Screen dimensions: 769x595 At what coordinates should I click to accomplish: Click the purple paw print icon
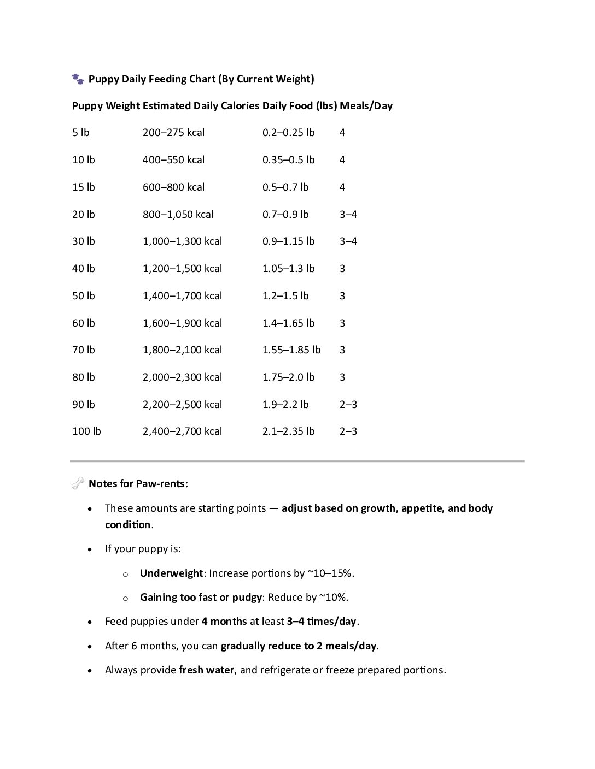tap(78, 79)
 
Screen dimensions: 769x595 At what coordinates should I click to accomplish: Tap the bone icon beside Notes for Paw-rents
tap(78, 483)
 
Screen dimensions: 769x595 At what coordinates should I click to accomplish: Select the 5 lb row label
tap(80, 133)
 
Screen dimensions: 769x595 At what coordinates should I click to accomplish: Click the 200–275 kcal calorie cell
tap(173, 133)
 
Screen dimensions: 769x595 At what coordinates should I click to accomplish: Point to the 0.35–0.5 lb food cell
tap(288, 160)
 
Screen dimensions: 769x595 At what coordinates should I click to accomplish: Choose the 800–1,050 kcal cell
tap(178, 215)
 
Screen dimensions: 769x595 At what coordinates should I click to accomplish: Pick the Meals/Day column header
tap(366, 106)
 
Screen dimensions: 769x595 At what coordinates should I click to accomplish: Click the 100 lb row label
tap(86, 431)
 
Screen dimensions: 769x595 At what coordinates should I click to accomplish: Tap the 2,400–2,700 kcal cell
tap(182, 431)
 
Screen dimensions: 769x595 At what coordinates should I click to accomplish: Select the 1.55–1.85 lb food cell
tap(291, 350)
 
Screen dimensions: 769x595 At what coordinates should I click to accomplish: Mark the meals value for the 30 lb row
tap(348, 241)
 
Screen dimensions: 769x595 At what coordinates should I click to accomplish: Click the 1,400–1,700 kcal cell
tap(182, 296)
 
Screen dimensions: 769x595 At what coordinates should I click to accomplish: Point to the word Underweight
tap(171, 573)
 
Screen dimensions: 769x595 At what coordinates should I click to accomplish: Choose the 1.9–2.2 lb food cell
tap(285, 405)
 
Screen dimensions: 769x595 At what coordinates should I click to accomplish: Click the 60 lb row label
tap(83, 323)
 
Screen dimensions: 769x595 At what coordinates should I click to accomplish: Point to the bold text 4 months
tap(224, 622)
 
